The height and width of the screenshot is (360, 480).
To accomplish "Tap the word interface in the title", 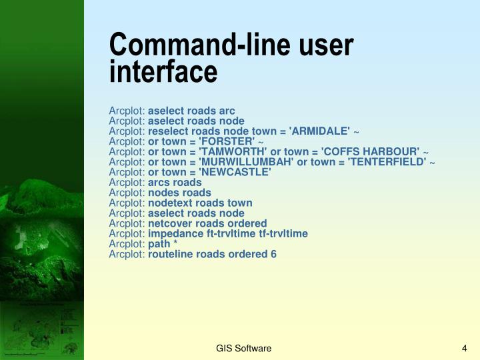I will [163, 71].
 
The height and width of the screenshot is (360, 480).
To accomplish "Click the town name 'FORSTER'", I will [224, 142].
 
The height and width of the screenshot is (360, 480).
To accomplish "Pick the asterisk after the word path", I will [175, 244].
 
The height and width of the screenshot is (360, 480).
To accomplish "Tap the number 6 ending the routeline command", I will [273, 253].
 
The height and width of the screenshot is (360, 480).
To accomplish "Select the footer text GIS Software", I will [243, 349].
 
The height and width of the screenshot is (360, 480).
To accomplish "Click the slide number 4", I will [464, 349].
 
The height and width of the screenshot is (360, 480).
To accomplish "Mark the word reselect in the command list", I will [167, 131].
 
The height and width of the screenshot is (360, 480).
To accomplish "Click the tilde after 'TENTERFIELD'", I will [432, 163].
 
